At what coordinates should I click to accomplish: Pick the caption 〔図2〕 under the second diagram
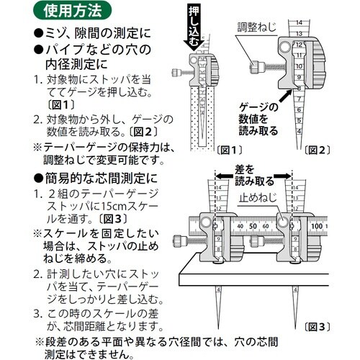(317, 150)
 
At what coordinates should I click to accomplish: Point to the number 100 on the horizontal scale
(317, 225)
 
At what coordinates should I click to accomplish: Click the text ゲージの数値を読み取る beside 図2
(268, 114)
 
